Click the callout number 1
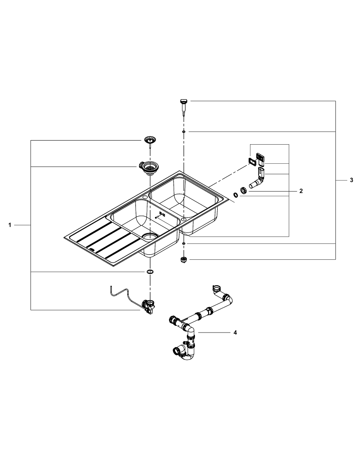[10, 225]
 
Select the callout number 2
[300, 191]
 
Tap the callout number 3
[351, 181]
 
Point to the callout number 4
[235, 333]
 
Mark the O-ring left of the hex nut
[235, 195]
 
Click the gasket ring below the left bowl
[149, 272]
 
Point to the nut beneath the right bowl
[184, 260]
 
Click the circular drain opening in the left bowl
[150, 236]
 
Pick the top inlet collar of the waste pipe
[216, 288]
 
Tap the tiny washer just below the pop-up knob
[183, 131]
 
